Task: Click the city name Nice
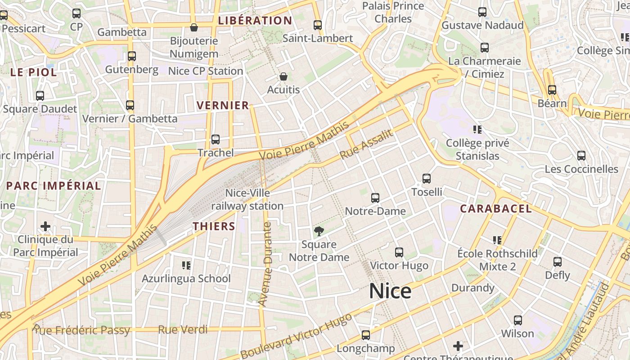390,291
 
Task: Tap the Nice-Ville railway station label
247,199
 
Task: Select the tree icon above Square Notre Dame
319,232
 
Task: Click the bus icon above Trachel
216,139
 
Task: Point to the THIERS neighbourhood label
214,226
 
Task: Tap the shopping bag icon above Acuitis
283,77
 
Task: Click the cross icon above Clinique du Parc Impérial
45,226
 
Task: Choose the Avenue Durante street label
267,264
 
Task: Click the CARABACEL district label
496,209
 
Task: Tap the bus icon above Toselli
427,179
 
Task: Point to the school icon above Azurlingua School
186,265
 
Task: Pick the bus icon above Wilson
518,320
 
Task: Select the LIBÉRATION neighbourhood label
255,21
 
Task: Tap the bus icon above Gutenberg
132,56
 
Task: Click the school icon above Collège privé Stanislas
477,130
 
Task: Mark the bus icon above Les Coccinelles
581,156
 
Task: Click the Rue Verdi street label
183,329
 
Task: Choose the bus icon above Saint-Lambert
318,25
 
